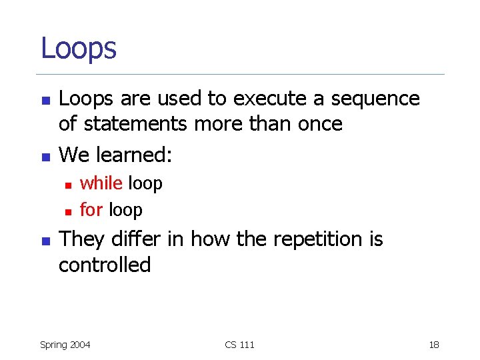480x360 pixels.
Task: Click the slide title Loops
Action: pos(79,48)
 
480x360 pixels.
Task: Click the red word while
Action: pos(101,183)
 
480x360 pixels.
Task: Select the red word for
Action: pos(91,210)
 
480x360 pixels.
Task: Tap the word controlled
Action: pos(105,265)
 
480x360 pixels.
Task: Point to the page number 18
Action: pos(434,345)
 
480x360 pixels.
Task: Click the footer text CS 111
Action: pos(239,345)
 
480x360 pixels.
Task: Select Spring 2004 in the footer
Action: pos(65,345)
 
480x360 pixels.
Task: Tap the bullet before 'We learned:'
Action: pos(45,157)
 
